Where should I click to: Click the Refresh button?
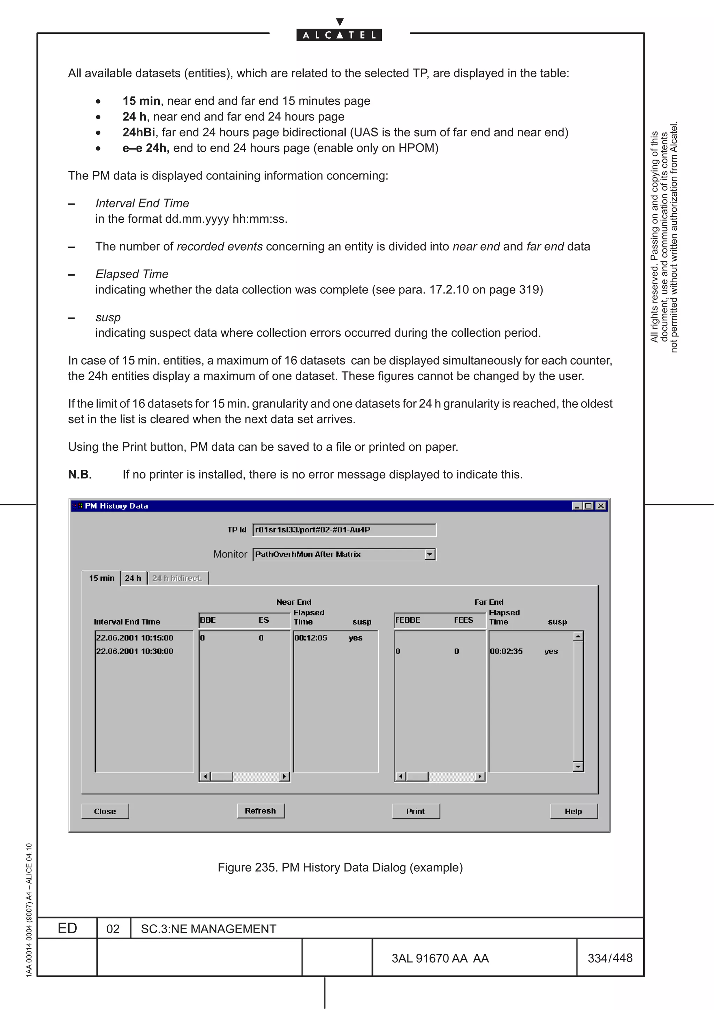(260, 811)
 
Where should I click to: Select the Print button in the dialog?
(416, 811)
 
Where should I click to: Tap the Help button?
(573, 811)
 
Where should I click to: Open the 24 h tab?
(133, 578)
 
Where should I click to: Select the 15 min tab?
(101, 578)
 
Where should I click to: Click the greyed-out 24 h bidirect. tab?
(177, 578)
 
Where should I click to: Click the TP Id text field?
(344, 530)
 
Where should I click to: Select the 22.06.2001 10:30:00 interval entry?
(135, 651)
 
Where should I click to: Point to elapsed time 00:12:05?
(311, 638)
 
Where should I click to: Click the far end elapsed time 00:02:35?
(506, 651)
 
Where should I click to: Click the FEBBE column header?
(408, 620)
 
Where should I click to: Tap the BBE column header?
(208, 620)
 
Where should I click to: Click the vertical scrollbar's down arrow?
(578, 767)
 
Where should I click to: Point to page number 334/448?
(610, 958)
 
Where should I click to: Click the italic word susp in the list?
(108, 317)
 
